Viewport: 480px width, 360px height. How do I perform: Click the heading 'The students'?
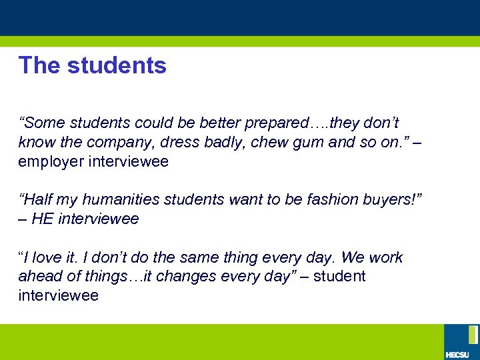93,65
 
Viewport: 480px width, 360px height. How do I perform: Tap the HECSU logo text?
457,353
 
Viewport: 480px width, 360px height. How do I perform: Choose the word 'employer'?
51,161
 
